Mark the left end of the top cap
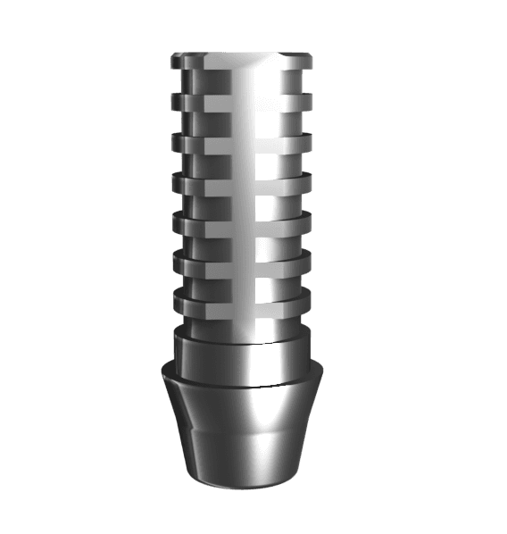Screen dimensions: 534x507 point(175,63)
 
